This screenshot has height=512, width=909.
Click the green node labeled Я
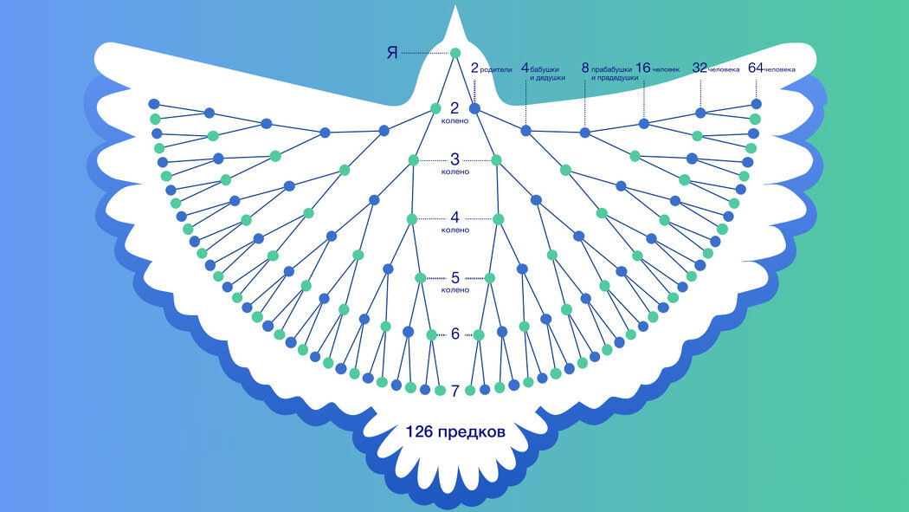coord(455,54)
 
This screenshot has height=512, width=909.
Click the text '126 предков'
coord(455,431)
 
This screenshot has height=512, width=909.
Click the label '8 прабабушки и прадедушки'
coord(610,72)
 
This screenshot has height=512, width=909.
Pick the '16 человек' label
coord(658,68)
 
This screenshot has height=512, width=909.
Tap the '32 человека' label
coord(716,68)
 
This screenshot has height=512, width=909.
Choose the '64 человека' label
coord(771,68)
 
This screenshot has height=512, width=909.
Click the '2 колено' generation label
coord(455,113)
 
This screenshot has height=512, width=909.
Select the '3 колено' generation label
coord(455,164)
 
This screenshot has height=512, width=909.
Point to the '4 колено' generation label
coord(455,222)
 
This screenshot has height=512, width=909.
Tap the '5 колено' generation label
coord(455,282)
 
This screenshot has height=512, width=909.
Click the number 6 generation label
coord(455,334)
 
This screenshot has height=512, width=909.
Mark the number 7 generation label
coord(455,391)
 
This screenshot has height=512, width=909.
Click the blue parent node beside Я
coord(474,108)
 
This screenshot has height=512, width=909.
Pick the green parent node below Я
coord(436,108)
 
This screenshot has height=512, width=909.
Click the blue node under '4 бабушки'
coord(525,131)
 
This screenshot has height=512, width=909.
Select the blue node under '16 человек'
coord(643,124)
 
